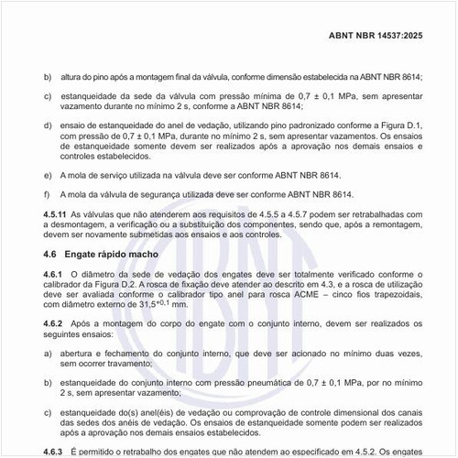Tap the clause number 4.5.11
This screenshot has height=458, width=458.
55,213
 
